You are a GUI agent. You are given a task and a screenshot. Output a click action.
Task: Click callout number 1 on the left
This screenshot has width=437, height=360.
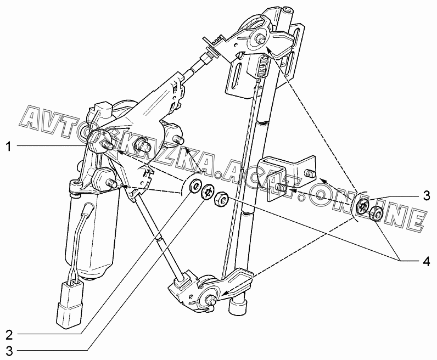coord(9,147)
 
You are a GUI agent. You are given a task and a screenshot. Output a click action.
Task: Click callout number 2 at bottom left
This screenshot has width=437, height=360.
coord(9,335)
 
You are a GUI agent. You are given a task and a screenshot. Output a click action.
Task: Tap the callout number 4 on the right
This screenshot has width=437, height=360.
coord(426,261)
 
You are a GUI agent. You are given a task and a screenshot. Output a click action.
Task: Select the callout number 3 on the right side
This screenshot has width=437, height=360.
coord(426,195)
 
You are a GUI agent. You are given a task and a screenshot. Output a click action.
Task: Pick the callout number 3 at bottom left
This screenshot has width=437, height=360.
coord(9,351)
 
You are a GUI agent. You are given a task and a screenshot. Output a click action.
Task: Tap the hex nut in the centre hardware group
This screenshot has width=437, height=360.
coord(222,199)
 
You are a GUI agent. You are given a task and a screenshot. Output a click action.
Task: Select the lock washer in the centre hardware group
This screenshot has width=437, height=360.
coord(208,192)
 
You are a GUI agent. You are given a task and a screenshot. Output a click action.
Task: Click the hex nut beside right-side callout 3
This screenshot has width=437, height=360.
coord(377,214)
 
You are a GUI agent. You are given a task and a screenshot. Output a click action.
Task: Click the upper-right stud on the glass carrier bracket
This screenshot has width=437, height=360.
coord(310,173)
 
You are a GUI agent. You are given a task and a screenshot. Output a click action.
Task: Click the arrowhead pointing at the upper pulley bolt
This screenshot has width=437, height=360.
coord(267,49)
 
